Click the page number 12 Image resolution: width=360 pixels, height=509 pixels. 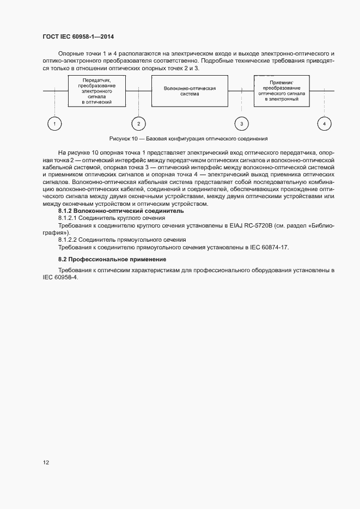(46, 463)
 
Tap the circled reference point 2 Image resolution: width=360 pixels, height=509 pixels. (138, 124)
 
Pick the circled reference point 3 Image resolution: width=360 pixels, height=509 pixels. (241, 124)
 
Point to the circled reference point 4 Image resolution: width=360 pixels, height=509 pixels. (324, 124)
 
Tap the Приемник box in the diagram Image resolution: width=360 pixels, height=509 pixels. (282, 90)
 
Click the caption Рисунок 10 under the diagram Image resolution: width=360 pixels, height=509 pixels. (188, 138)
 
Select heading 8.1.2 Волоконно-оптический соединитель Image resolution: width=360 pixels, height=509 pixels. (120, 210)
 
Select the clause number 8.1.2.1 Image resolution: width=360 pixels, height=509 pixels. (69, 217)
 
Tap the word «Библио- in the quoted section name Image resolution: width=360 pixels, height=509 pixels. (321, 224)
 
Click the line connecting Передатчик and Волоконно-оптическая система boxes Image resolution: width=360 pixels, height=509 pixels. (138, 90)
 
